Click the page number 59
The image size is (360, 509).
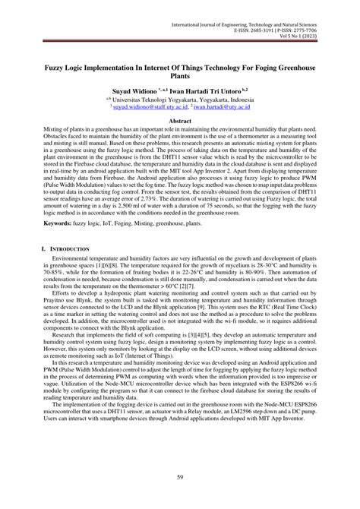(179, 476)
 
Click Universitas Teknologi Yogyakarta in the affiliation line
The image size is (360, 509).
(164, 99)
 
